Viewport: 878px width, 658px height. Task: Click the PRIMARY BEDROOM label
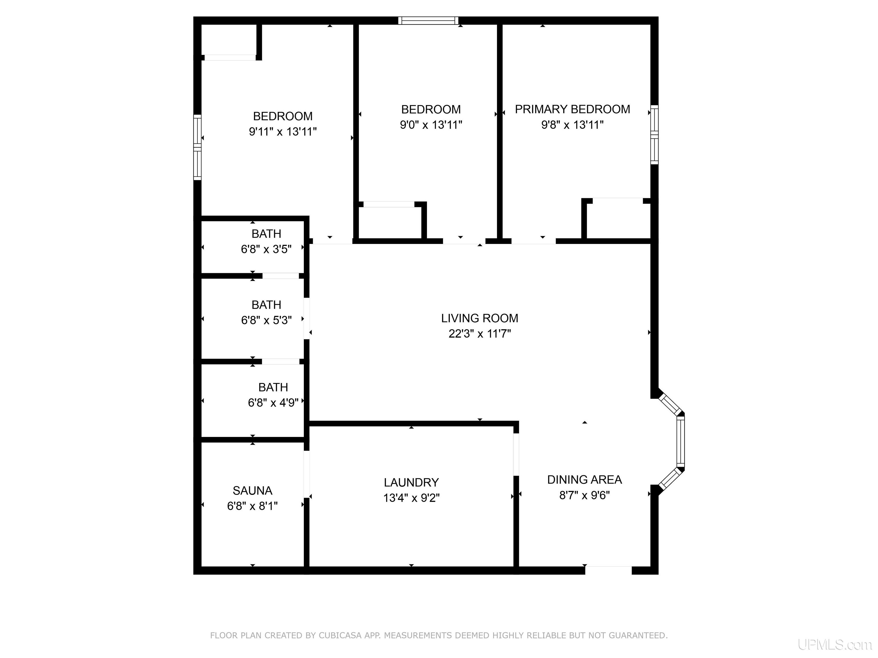(572, 109)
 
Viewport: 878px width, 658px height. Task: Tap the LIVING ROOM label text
(480, 318)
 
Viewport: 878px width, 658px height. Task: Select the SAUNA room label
(252, 491)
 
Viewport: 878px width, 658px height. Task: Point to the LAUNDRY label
(411, 482)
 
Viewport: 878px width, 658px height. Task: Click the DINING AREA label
(584, 480)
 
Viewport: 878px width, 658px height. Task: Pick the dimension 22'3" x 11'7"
(480, 334)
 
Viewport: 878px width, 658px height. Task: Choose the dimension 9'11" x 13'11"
(283, 131)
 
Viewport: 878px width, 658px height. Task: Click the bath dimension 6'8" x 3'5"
(266, 249)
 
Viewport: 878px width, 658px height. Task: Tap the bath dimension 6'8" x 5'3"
(266, 320)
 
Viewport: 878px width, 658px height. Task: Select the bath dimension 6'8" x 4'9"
(273, 403)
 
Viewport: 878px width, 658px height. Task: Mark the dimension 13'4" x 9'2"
(411, 498)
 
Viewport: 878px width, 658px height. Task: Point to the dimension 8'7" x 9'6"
(584, 495)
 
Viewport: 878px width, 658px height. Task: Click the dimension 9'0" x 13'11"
(431, 125)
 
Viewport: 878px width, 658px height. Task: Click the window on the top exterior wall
(428, 21)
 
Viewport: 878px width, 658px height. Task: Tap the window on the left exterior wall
(197, 147)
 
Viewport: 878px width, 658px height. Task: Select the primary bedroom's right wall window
(654, 135)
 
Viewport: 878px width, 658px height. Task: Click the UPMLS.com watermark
(835, 645)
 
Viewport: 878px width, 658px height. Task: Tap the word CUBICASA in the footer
(340, 635)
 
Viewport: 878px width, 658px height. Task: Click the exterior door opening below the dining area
(608, 570)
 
